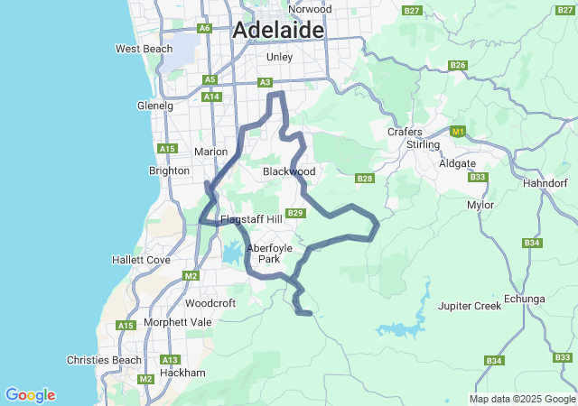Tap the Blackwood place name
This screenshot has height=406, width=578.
coord(289,171)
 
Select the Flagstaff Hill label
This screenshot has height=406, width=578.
coord(251,219)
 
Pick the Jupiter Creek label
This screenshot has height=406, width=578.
coord(469,306)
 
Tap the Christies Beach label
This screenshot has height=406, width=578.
coord(104,360)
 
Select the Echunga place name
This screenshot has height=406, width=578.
coord(526,299)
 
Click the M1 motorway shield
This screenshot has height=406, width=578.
coord(458,132)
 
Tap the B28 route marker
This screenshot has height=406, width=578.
coord(365,179)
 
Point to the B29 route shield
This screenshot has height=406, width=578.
coord(297,213)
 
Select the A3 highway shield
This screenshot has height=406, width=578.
coord(266,82)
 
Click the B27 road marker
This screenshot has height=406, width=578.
coord(413,10)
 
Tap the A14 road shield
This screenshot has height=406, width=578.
coord(211,97)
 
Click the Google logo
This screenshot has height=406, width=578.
coord(30,395)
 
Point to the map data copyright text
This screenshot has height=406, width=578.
coord(521,399)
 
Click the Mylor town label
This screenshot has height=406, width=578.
coord(480,205)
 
